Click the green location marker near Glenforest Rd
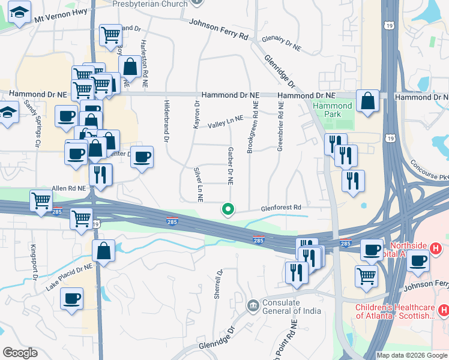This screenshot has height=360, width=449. (x=228, y=209)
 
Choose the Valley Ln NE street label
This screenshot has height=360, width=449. (x=226, y=122)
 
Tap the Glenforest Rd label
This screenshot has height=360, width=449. (x=280, y=208)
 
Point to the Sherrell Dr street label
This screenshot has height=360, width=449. (x=218, y=284)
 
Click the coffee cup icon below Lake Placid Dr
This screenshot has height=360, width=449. (x=71, y=298)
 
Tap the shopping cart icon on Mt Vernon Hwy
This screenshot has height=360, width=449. (x=110, y=36)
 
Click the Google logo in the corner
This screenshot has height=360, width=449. (x=20, y=353)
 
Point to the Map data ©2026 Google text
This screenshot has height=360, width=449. (x=411, y=355)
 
